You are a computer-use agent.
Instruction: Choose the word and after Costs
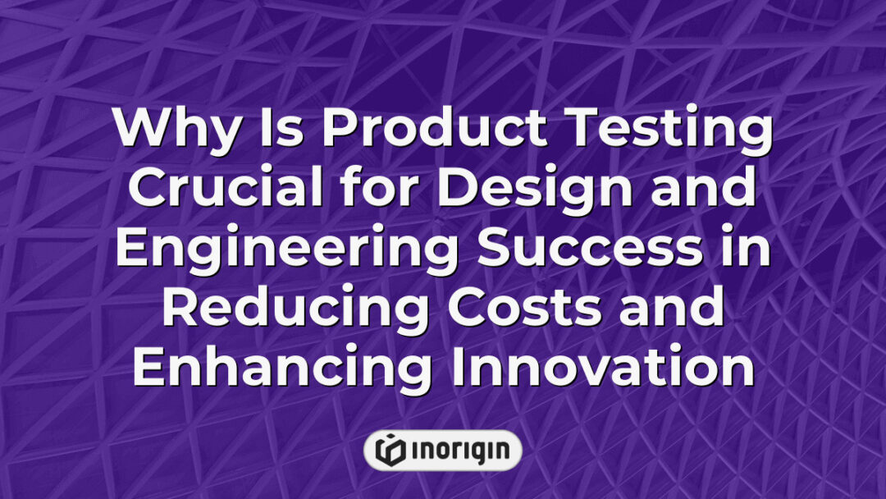669,310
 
